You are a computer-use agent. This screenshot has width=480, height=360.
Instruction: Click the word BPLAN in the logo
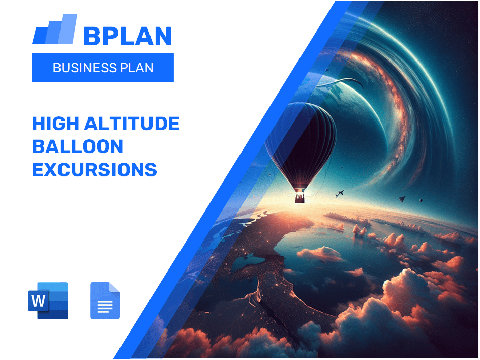click(127, 36)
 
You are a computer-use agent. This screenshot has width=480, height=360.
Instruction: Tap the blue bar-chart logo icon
click(54, 30)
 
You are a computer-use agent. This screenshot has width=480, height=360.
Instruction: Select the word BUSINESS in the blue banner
click(84, 68)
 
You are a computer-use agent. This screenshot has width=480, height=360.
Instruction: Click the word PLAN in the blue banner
click(137, 68)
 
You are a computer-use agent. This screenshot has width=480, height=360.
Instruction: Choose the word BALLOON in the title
click(77, 146)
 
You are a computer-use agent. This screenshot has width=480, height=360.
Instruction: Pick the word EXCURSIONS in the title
click(95, 170)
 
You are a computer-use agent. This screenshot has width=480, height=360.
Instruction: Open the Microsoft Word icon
click(48, 301)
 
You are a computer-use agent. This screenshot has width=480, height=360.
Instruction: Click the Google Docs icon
click(105, 301)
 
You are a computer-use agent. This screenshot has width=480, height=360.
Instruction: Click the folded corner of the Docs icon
click(114, 287)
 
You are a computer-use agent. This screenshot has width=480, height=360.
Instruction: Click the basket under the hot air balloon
click(299, 197)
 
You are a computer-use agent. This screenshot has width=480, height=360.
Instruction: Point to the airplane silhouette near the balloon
click(340, 194)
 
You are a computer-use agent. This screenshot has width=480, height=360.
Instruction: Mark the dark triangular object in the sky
click(402, 199)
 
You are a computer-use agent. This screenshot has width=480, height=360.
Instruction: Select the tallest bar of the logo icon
click(68, 29)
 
